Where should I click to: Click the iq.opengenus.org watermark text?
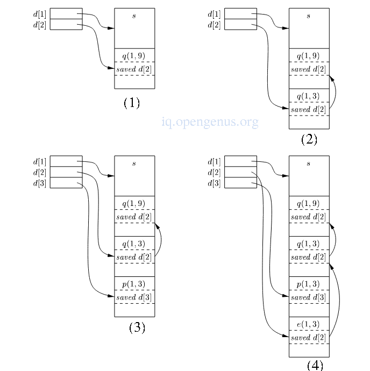pyautogui.click(x=210, y=123)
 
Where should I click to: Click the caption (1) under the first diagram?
pyautogui.click(x=132, y=103)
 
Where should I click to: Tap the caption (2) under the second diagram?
pyautogui.click(x=309, y=139)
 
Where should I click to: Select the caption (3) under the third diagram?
pyautogui.click(x=137, y=327)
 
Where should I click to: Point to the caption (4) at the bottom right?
pyautogui.click(x=315, y=365)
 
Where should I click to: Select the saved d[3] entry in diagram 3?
pyautogui.click(x=134, y=297)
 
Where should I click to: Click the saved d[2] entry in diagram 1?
pyautogui.click(x=134, y=69)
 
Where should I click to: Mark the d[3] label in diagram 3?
pyautogui.click(x=40, y=183)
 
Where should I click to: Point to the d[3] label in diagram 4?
pyautogui.click(x=214, y=183)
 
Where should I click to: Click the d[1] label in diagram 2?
pyautogui.click(x=214, y=14)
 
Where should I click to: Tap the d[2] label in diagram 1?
pyautogui.click(x=40, y=25)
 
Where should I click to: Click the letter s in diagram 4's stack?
pyautogui.click(x=309, y=163)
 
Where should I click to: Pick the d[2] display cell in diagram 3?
pyautogui.click(x=66, y=172)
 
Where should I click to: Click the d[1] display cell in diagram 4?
pyautogui.click(x=240, y=161)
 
